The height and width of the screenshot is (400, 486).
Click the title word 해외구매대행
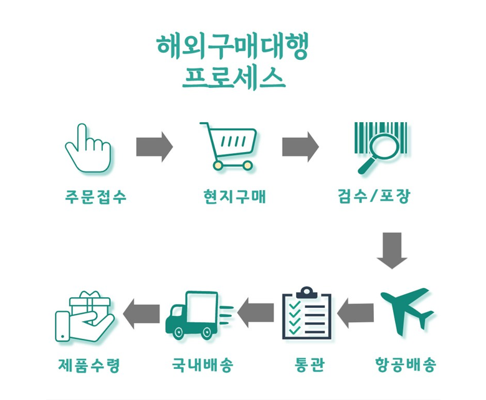coord(232,49)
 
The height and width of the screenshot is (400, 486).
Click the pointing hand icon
coord(88,148)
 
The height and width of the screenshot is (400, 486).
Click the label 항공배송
coord(406,364)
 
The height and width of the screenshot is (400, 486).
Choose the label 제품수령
coord(88,364)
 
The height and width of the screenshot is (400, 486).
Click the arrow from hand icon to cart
coord(154,147)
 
